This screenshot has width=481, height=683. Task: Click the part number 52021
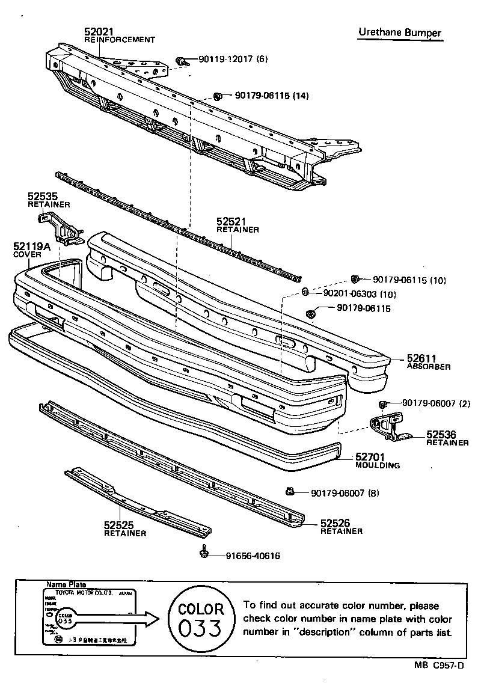pyautogui.click(x=99, y=32)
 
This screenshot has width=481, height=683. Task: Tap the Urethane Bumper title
pyautogui.click(x=400, y=33)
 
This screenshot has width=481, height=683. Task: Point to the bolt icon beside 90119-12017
pyautogui.click(x=180, y=61)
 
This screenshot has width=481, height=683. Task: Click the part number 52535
pyautogui.click(x=41, y=196)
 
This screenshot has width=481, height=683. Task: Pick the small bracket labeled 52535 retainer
pyautogui.click(x=60, y=227)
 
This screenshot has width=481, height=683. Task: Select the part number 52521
pyautogui.click(x=231, y=222)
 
